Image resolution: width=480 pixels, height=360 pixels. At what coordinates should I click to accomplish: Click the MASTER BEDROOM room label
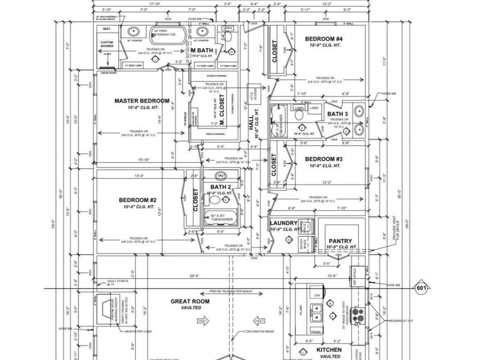[x=142, y=101]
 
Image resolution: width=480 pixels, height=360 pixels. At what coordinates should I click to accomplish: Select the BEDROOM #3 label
[x=326, y=159]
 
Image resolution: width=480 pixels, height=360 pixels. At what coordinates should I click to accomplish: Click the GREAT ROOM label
[x=190, y=301]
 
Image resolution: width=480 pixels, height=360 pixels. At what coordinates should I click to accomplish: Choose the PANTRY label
[x=341, y=241]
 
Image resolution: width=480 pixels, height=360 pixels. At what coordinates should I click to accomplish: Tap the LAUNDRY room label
[x=283, y=223]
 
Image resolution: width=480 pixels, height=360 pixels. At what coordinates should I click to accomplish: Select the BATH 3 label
[x=338, y=114]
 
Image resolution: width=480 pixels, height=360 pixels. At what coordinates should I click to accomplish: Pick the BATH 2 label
[x=220, y=187]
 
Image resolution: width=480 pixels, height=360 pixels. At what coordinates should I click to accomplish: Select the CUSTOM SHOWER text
[x=107, y=45]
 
